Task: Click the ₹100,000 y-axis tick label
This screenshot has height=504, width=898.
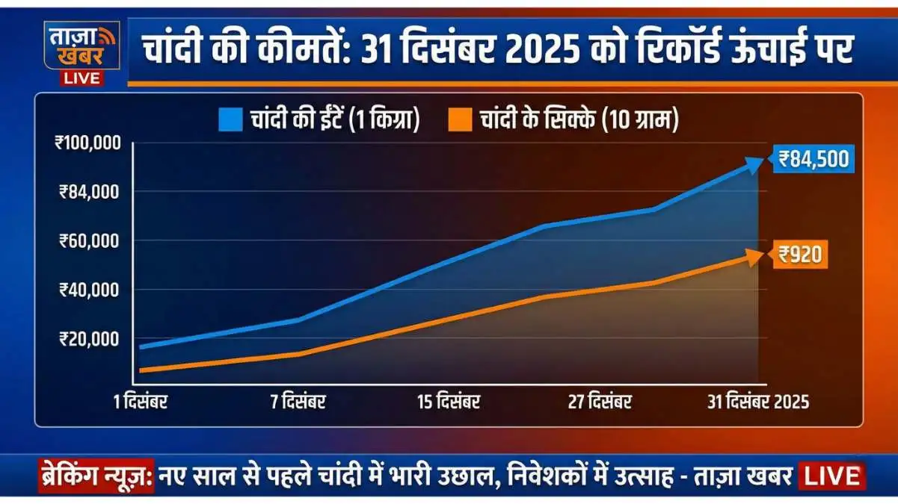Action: [88, 143]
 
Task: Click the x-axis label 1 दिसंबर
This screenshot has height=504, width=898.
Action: [141, 402]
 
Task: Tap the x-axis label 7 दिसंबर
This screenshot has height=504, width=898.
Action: [298, 402]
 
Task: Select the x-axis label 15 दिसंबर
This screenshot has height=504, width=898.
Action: [449, 402]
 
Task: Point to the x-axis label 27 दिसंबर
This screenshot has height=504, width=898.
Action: [600, 402]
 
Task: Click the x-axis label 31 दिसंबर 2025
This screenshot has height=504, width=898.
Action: [758, 402]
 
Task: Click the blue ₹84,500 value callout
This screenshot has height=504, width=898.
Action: [814, 159]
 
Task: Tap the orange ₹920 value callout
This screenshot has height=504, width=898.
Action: [800, 255]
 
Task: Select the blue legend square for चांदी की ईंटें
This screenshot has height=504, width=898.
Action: [231, 120]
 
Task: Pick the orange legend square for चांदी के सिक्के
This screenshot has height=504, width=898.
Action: [461, 120]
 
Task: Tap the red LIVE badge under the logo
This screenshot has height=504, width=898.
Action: [82, 78]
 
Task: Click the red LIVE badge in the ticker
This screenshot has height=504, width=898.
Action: [832, 476]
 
